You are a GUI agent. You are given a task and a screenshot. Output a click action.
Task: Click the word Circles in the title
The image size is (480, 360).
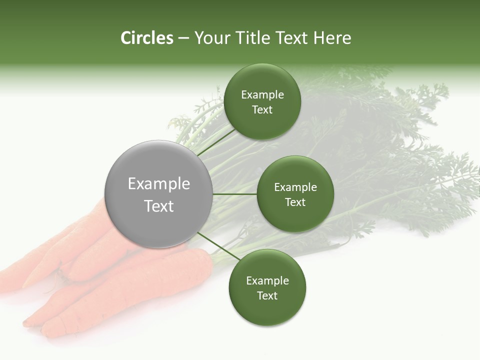[146, 38]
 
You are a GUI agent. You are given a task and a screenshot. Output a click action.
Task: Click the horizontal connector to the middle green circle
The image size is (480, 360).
[234, 194]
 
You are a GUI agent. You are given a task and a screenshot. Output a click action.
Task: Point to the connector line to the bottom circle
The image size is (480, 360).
[218, 246]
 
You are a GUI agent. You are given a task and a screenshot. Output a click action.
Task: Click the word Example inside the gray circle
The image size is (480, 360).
[159, 184]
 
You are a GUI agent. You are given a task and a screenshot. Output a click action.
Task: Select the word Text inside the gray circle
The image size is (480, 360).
[159, 206]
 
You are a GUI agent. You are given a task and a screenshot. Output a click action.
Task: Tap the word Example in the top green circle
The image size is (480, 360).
[262, 95]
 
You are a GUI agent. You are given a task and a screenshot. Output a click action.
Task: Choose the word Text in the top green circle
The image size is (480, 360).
[262, 110]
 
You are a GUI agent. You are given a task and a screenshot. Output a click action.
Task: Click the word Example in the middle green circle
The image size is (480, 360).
[295, 187]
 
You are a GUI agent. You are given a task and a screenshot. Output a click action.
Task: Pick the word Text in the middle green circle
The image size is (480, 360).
[295, 202]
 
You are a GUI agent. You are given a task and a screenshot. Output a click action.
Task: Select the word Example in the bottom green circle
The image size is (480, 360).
[267, 281]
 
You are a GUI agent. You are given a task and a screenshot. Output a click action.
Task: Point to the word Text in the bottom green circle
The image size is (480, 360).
[267, 296]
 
